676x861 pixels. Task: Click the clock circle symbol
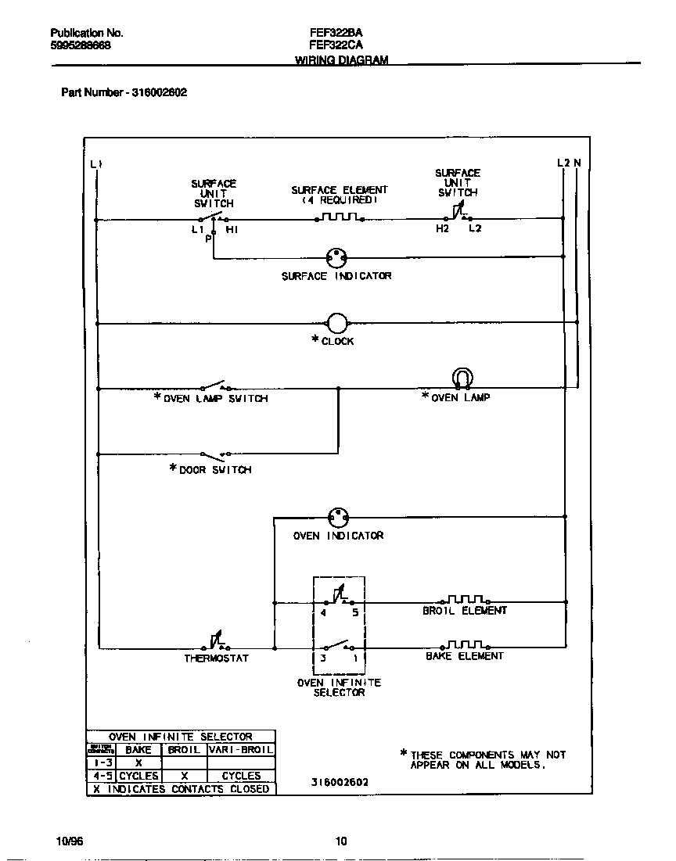click(336, 323)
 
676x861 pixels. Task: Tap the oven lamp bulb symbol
click(462, 378)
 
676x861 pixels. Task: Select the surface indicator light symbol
click(336, 257)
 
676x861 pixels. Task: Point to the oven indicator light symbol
click(338, 517)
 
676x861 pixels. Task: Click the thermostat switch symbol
click(215, 642)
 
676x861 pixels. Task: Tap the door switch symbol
click(215, 454)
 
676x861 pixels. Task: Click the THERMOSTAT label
click(216, 658)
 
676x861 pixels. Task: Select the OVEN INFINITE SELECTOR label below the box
click(339, 687)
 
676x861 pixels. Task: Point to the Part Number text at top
click(124, 92)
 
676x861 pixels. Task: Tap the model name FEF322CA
click(336, 45)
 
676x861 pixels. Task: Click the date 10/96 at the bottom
click(70, 841)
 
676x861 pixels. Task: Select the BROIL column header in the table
click(184, 749)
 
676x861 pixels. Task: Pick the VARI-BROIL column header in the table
click(241, 749)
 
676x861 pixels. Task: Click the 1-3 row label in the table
click(101, 762)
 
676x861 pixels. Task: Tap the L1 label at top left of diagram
click(95, 163)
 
